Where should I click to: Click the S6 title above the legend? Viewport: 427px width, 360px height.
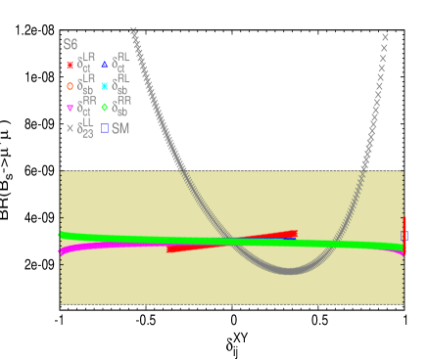[71, 45]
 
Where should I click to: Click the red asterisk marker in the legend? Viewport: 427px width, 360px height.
[70, 65]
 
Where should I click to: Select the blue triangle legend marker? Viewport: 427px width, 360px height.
[104, 65]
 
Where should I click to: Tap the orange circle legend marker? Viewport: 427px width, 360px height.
[70, 85]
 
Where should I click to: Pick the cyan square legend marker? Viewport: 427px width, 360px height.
[104, 85]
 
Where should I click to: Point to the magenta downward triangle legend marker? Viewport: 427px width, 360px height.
[70, 107]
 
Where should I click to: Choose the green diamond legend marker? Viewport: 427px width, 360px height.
[104, 107]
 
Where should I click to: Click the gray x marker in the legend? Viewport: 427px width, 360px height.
[70, 128]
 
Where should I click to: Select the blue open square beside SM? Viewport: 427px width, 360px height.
[104, 128]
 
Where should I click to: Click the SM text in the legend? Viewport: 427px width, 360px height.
[120, 128]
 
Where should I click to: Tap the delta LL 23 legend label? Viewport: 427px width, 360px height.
[86, 128]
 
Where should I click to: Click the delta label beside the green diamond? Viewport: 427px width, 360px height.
[120, 106]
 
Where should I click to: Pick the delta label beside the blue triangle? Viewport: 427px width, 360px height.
[120, 64]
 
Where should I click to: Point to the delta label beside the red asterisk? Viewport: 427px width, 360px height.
[86, 64]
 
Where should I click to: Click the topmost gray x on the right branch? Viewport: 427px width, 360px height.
[385, 37]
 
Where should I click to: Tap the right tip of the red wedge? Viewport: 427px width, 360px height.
[295, 233]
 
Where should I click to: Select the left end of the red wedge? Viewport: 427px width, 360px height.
[169, 249]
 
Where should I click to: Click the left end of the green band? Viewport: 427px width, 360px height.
[62, 235]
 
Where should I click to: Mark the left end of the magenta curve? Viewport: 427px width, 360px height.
[62, 251]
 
